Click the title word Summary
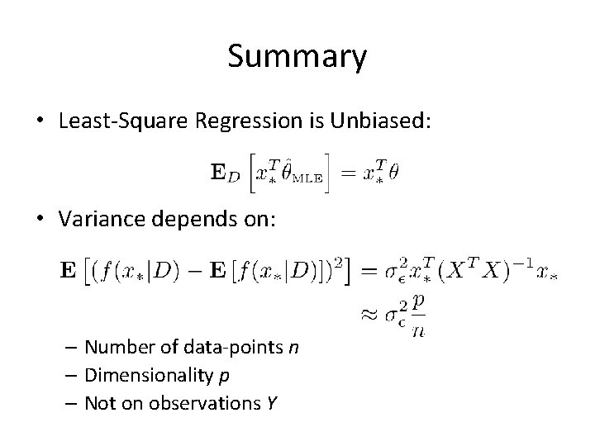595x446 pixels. pyautogui.click(x=297, y=57)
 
